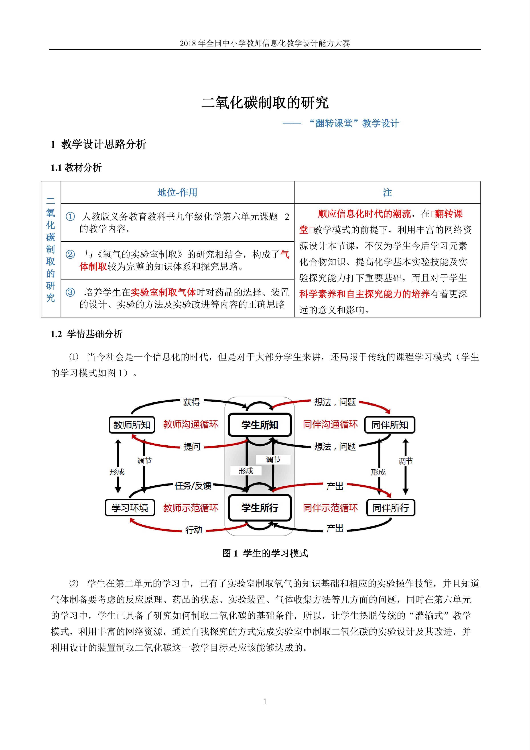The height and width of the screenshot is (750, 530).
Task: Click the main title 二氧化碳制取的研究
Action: tap(265, 103)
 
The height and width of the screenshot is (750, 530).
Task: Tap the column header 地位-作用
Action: tap(177, 192)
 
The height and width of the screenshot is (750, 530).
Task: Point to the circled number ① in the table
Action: tap(70, 217)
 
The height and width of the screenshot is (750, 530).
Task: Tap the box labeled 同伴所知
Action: tap(390, 425)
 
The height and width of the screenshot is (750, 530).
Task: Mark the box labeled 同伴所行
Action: tap(391, 508)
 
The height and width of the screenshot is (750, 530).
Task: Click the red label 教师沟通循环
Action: tap(191, 424)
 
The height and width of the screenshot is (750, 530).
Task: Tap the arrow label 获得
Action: tap(191, 402)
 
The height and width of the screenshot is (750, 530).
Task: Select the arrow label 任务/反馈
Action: tap(193, 486)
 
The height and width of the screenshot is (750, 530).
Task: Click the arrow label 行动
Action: tap(194, 530)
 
